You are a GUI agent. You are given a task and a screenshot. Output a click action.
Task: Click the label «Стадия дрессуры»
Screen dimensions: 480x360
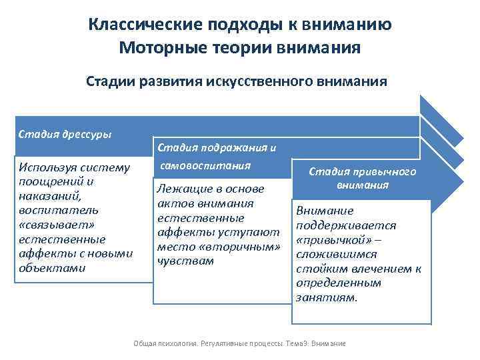coord(65,133)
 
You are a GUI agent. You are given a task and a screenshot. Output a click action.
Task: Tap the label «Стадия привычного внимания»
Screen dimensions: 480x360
coord(362,177)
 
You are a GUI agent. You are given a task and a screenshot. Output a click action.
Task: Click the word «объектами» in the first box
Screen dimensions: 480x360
coord(49,268)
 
